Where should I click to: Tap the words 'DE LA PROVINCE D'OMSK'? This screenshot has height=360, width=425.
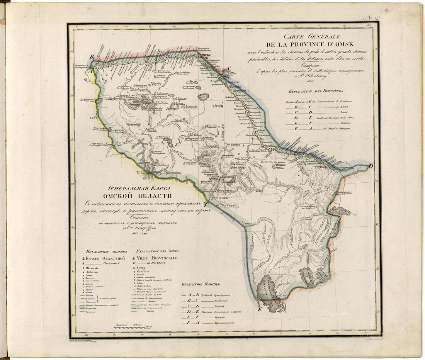[309, 45]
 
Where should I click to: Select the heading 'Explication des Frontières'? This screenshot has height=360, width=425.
[313, 91]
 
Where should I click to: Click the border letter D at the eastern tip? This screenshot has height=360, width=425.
[371, 166]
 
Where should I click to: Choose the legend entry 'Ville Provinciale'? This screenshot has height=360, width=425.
[156, 258]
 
